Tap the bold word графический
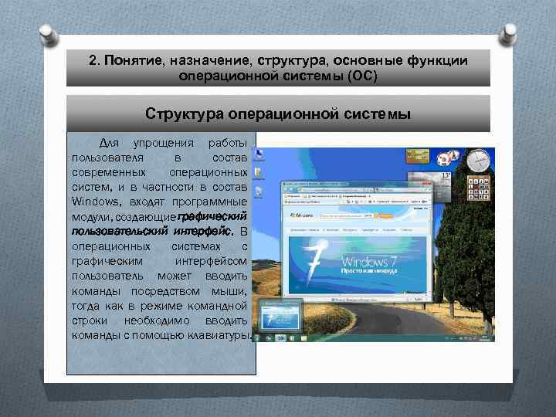coord(212,215)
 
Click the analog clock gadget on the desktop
coord(479,161)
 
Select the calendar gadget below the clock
coord(479,187)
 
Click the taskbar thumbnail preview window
coord(281,318)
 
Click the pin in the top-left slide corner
coord(48,35)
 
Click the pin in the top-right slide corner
coord(510,35)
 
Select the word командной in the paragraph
coord(216,305)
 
